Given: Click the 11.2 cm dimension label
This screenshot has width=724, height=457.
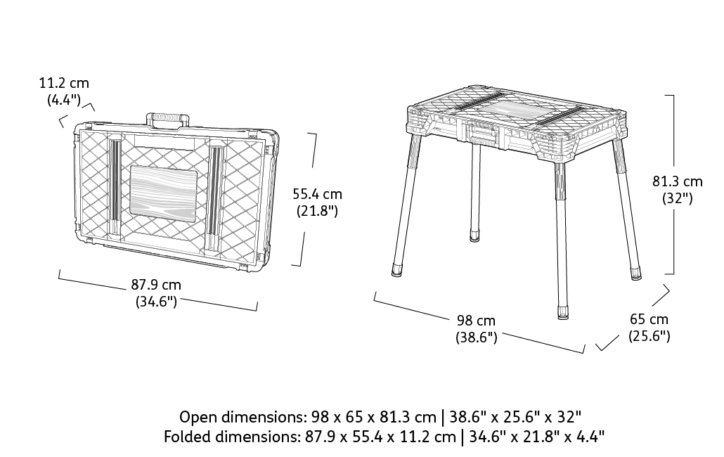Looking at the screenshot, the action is point(64,84).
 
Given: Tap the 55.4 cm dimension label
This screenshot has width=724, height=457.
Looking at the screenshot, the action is point(317,194).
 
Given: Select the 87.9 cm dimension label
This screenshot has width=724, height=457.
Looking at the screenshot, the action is point(156,284).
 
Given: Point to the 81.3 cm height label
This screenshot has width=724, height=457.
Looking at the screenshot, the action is point(678,181).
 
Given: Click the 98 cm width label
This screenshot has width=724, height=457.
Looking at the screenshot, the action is point(476,320).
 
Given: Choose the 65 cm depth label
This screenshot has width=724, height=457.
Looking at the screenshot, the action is point(649,319).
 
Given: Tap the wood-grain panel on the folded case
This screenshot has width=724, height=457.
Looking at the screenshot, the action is point(164,191).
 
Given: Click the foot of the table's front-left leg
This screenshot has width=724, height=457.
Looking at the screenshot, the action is point(396,270).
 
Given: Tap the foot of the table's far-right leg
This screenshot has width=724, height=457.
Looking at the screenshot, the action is point(636,273).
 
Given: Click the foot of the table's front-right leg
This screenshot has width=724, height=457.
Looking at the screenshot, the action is point(563,312).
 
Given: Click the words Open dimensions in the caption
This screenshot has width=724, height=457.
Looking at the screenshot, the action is point(243,417).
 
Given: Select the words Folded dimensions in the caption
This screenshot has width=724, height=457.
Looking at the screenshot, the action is point(231,436).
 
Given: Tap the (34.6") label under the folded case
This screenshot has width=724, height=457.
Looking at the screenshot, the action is point(156,302).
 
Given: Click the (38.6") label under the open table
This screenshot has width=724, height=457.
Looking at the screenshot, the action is point(477,337).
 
